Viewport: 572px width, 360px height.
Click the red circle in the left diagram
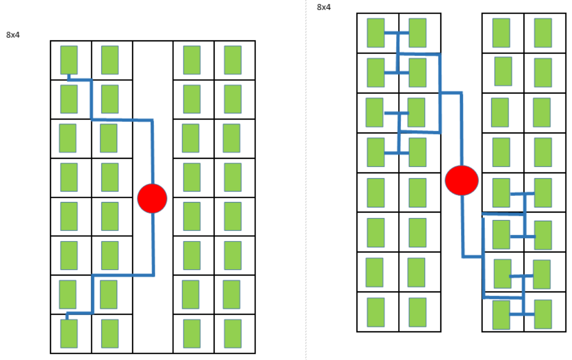(x=152, y=198)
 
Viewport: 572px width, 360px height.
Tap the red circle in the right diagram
(x=462, y=180)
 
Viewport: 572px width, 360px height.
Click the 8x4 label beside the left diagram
(x=13, y=35)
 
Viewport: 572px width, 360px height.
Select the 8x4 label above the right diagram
(x=324, y=7)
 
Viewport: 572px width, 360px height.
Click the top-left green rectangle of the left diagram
(x=69, y=60)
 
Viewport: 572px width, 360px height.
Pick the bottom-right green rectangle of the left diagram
(x=233, y=333)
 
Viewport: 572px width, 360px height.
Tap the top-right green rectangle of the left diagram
(x=233, y=60)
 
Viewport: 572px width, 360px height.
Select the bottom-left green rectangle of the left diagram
(x=69, y=333)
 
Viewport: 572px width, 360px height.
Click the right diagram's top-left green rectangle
(x=376, y=33)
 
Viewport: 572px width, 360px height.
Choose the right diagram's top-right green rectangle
(x=543, y=33)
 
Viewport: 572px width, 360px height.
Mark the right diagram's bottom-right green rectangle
(x=543, y=314)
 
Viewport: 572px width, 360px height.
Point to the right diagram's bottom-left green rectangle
(x=376, y=312)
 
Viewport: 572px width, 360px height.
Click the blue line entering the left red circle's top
(x=152, y=154)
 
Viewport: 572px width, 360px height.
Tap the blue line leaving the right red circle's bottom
(x=462, y=226)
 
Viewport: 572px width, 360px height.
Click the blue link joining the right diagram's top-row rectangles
(x=397, y=33)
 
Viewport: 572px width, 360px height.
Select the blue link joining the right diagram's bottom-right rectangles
(x=522, y=314)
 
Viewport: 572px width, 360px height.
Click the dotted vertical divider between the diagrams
(x=306, y=192)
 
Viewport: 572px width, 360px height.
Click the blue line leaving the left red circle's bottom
(x=153, y=245)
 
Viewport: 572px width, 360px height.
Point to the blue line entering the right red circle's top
(x=462, y=130)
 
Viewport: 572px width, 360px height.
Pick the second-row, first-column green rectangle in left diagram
(x=69, y=99)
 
